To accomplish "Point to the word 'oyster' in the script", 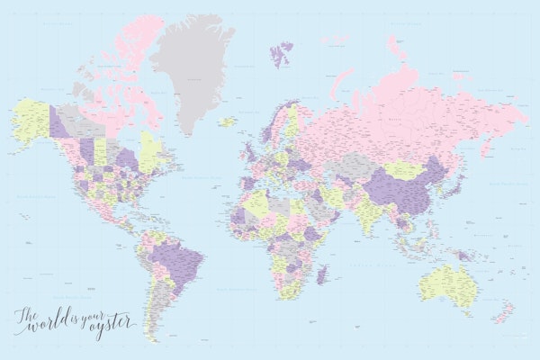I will [107, 323].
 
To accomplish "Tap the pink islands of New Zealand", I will [508, 311].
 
